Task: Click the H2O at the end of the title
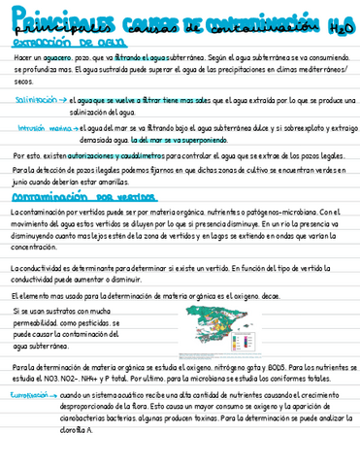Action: click(x=341, y=28)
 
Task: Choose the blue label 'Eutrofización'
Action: click(x=29, y=397)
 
